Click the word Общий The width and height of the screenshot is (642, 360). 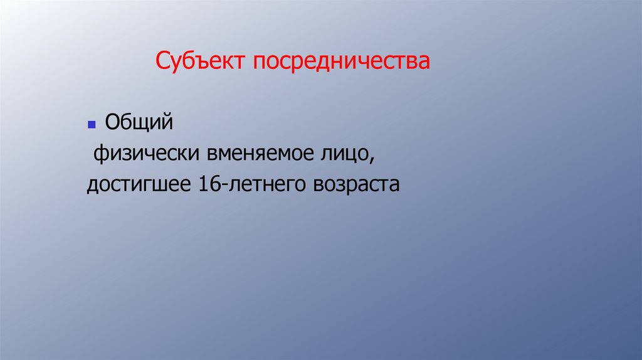click(x=138, y=122)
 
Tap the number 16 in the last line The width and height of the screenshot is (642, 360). click(x=208, y=185)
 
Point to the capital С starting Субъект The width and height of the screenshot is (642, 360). click(x=161, y=62)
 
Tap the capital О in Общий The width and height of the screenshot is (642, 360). click(x=112, y=122)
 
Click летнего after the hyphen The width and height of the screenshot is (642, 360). click(x=261, y=186)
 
